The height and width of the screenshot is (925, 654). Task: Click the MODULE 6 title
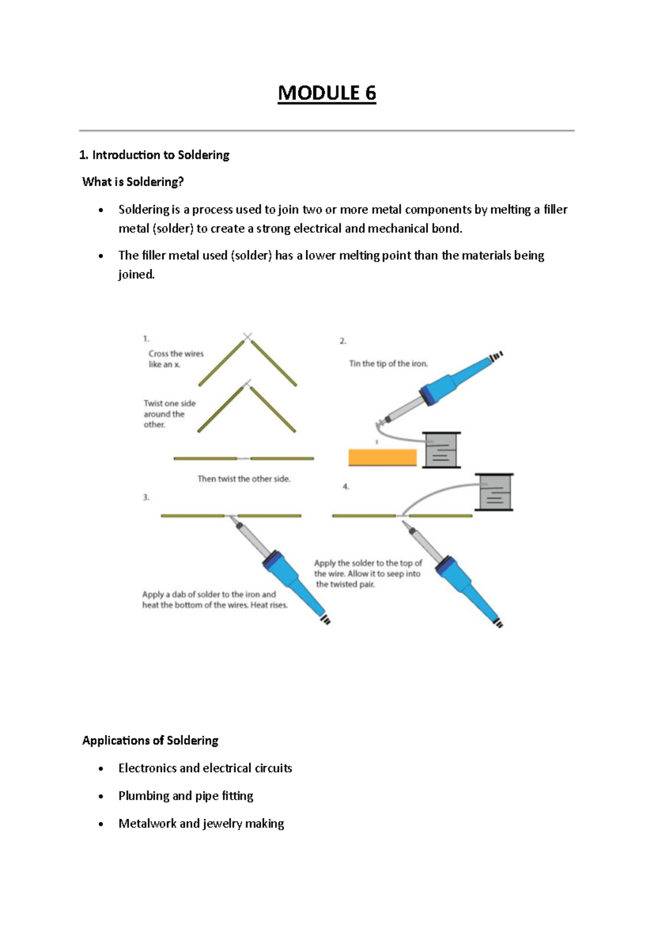pyautogui.click(x=326, y=93)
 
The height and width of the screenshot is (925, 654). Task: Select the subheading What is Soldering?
pyautogui.click(x=133, y=182)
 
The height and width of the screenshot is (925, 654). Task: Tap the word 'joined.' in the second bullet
pyautogui.click(x=136, y=274)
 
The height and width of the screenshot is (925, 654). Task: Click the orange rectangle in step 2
pyautogui.click(x=382, y=457)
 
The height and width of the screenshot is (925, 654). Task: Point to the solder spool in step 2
pyautogui.click(x=442, y=450)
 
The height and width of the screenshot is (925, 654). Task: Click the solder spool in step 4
pyautogui.click(x=494, y=491)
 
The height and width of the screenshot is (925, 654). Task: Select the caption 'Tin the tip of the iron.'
pyautogui.click(x=389, y=364)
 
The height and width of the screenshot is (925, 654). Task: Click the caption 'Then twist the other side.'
pyautogui.click(x=244, y=479)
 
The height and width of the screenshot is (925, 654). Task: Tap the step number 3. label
pyautogui.click(x=146, y=497)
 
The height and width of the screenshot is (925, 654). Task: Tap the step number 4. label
pyautogui.click(x=346, y=486)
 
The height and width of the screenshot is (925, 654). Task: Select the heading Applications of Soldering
pyautogui.click(x=150, y=740)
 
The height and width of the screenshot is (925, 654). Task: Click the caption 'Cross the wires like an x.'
pyautogui.click(x=175, y=359)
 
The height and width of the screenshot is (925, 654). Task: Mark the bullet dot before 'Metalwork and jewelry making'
pyautogui.click(x=100, y=824)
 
